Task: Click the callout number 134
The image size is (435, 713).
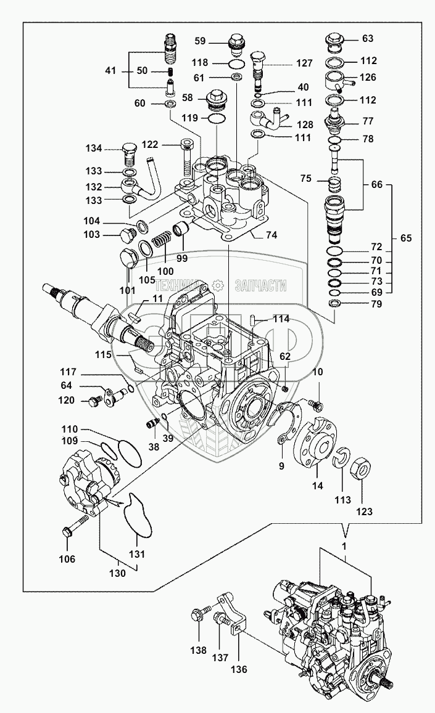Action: point(94,148)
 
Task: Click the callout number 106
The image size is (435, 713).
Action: point(67,559)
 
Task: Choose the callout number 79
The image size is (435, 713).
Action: point(376,304)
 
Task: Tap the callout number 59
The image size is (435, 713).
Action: point(200,42)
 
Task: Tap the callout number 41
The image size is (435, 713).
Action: point(110,71)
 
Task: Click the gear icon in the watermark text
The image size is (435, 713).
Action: point(217,285)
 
